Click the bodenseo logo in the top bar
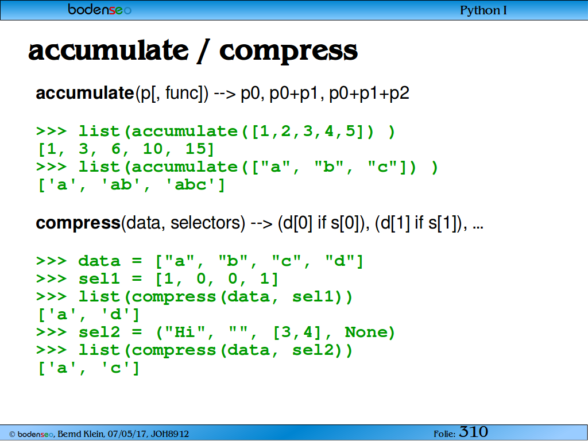(99, 9)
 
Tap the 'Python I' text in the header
(483, 10)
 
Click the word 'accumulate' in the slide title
(109, 51)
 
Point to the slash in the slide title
(203, 51)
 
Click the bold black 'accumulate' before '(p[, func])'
(85, 93)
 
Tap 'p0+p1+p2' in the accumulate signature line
(369, 94)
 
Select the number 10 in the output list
(153, 149)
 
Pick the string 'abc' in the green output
(191, 184)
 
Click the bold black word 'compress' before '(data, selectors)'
(78, 223)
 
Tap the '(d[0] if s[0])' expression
(322, 223)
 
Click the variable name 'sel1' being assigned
(99, 278)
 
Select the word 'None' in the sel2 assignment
(366, 332)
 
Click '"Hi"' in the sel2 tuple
(185, 332)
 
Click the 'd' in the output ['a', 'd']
(115, 314)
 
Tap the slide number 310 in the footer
(474, 432)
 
